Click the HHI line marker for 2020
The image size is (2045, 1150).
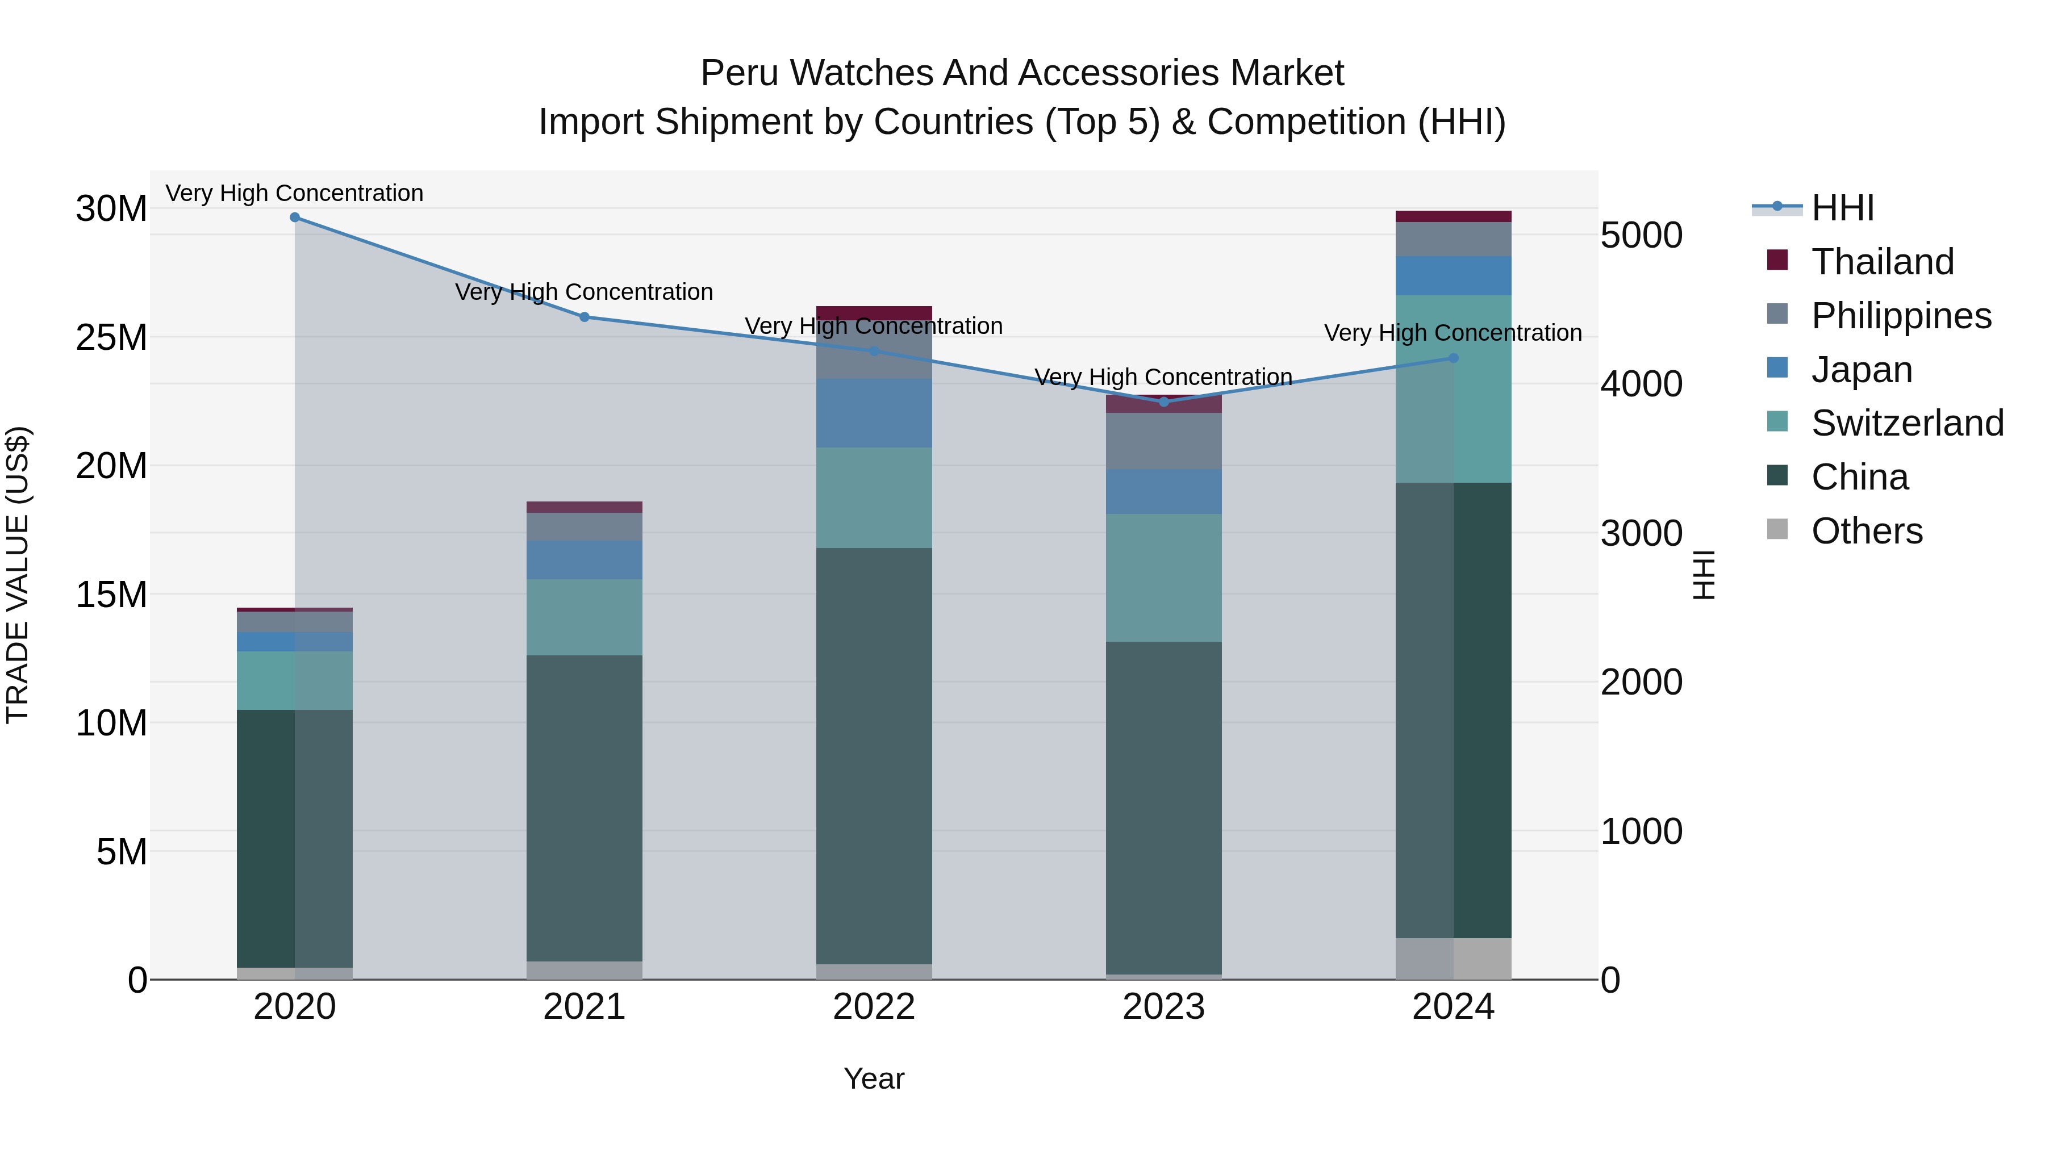click(294, 218)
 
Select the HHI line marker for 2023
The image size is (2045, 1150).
click(1164, 402)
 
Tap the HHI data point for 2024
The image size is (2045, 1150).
click(1454, 358)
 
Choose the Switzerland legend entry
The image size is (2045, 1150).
click(1907, 423)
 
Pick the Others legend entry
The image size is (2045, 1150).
click(1867, 531)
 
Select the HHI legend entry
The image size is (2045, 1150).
click(1842, 208)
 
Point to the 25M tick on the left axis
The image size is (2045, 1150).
click(111, 338)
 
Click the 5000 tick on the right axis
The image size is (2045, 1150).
click(1641, 236)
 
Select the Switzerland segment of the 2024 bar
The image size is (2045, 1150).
click(1454, 389)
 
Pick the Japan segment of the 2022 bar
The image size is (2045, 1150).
click(874, 413)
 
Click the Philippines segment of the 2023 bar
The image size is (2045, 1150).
click(1164, 441)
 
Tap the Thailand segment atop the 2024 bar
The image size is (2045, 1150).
click(1454, 217)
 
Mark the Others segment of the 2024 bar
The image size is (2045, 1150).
click(1454, 959)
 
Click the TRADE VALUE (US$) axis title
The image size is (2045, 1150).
click(18, 575)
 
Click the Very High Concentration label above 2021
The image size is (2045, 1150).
click(585, 292)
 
